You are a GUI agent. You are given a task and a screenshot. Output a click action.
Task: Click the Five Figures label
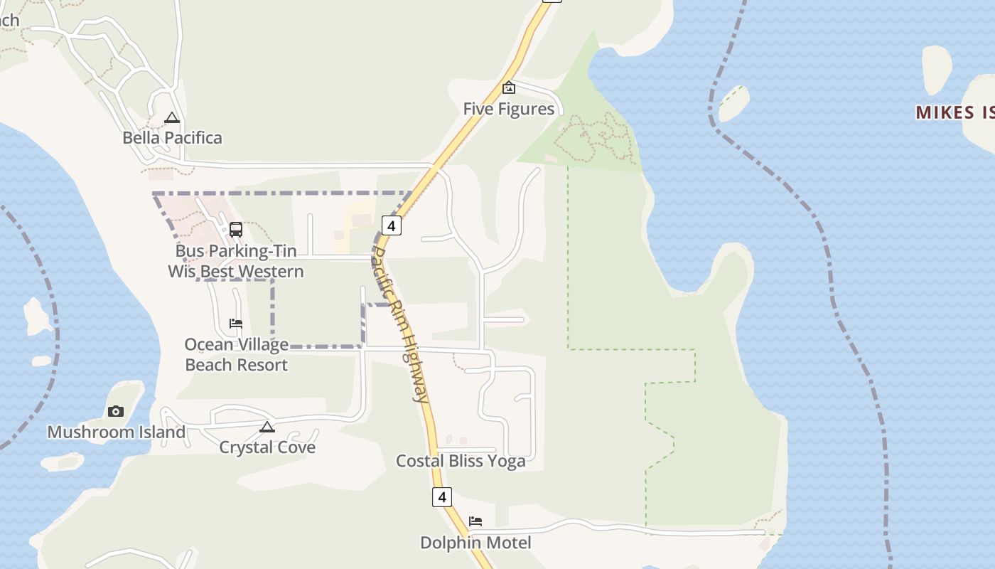(x=508, y=109)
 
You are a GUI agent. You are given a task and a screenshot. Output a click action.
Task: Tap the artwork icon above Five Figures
(x=509, y=88)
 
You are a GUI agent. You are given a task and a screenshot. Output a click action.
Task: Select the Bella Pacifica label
(x=172, y=138)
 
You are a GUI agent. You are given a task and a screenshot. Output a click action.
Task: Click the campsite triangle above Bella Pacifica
(x=172, y=118)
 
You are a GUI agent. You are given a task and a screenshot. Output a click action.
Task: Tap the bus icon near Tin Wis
(x=236, y=230)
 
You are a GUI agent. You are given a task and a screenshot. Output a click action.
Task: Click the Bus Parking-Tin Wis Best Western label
(x=236, y=261)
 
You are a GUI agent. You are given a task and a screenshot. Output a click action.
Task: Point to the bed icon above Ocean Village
(x=236, y=324)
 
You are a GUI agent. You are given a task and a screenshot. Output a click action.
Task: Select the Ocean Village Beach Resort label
(x=236, y=354)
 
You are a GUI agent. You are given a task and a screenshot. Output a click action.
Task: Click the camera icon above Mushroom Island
(x=116, y=411)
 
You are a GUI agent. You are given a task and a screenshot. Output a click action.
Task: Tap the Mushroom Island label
(x=116, y=432)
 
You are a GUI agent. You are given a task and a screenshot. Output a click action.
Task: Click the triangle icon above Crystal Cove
(x=267, y=427)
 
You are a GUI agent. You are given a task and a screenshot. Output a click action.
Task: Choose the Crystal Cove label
(x=267, y=447)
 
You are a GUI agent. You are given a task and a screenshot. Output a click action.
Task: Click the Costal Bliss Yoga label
(x=461, y=461)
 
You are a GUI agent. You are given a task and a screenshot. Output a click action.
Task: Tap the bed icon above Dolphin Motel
(x=475, y=522)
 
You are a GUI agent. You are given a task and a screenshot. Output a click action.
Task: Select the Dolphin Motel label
(x=475, y=543)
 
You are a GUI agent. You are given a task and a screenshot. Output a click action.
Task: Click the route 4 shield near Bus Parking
(x=391, y=225)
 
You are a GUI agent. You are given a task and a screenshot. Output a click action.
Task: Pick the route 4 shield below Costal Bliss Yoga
(x=442, y=496)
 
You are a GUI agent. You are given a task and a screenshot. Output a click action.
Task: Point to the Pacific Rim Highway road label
(x=401, y=324)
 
